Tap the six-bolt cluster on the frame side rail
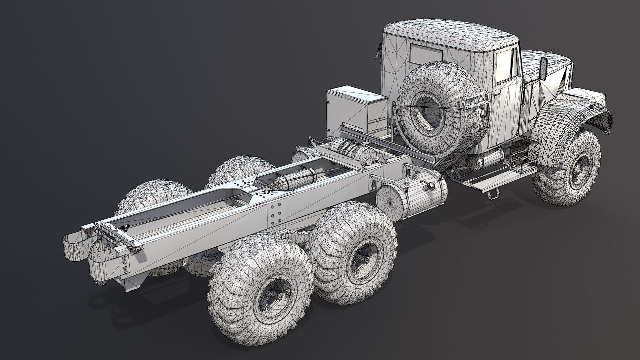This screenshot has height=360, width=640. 274,213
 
